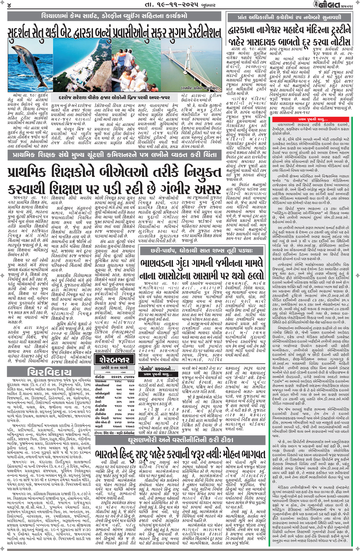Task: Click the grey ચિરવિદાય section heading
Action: [49, 371]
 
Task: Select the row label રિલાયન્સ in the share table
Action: [102, 381]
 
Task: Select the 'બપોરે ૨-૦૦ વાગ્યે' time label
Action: [115, 368]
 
